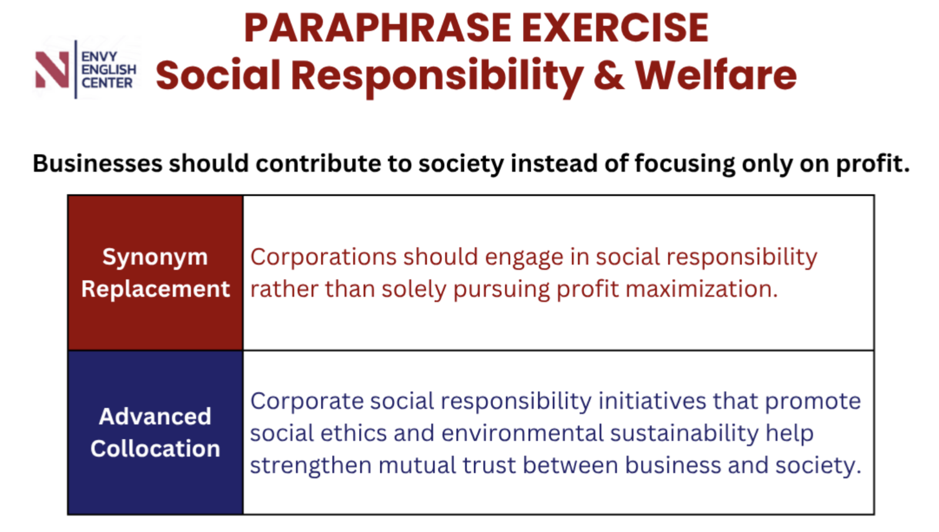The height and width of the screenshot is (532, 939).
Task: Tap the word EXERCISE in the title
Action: (615, 28)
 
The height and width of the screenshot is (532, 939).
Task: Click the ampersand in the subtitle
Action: (609, 75)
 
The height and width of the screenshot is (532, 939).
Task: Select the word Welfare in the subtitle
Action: (716, 75)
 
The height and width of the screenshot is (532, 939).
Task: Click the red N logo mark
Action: (52, 69)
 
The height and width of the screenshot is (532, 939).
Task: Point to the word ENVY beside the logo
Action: (99, 56)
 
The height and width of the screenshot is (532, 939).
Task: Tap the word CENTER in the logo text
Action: (107, 83)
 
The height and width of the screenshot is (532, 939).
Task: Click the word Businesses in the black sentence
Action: (98, 163)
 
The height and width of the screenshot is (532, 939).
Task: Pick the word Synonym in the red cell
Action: (155, 258)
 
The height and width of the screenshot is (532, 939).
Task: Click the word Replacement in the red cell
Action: (156, 289)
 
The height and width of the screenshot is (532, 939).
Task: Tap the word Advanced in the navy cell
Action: (155, 416)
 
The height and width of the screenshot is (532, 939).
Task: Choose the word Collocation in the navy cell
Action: (155, 449)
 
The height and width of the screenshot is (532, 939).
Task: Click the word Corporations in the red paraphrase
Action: (323, 257)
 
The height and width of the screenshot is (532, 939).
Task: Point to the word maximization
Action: (702, 289)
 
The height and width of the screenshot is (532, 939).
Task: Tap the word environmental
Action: (522, 433)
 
